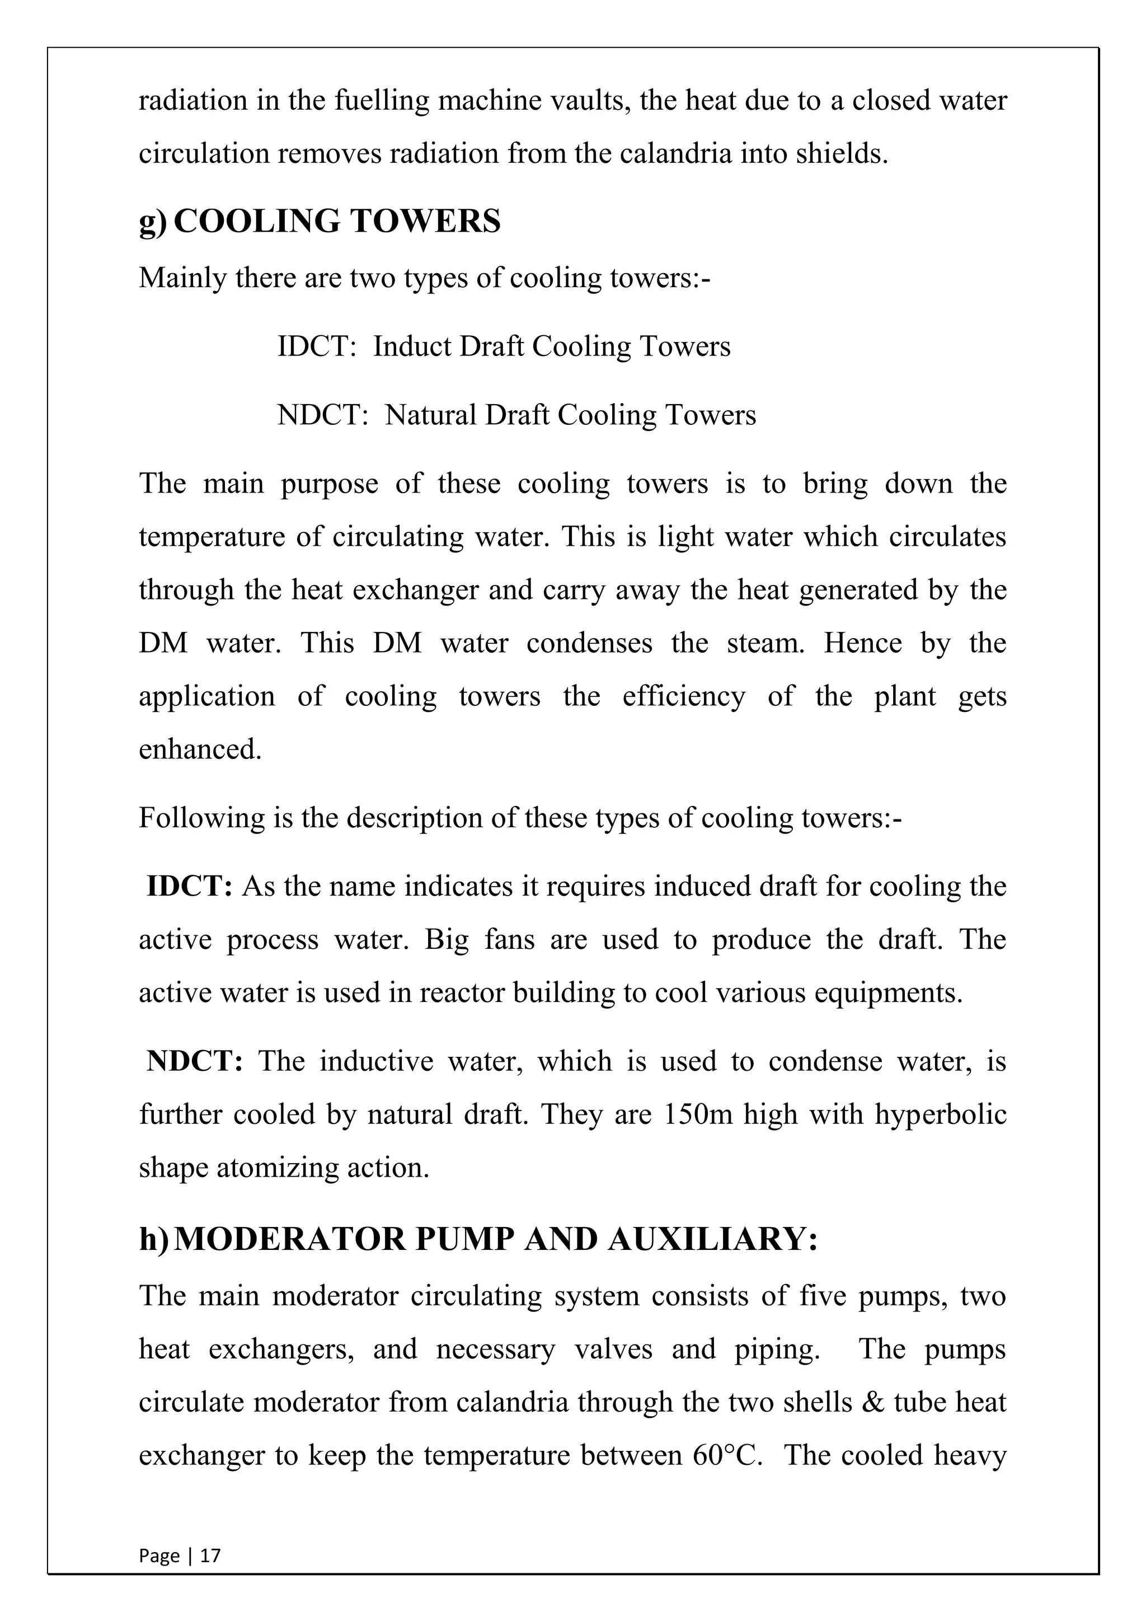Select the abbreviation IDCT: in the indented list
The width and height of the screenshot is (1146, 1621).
[x=317, y=346]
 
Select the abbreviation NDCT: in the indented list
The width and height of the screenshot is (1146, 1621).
[x=322, y=415]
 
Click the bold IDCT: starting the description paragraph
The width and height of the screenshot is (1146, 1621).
[x=189, y=886]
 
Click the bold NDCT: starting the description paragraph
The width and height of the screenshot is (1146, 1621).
[x=194, y=1061]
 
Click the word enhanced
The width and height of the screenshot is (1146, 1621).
[x=200, y=749]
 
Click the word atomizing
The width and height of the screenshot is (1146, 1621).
[x=278, y=1168]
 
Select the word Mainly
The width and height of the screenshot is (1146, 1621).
[x=183, y=278]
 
